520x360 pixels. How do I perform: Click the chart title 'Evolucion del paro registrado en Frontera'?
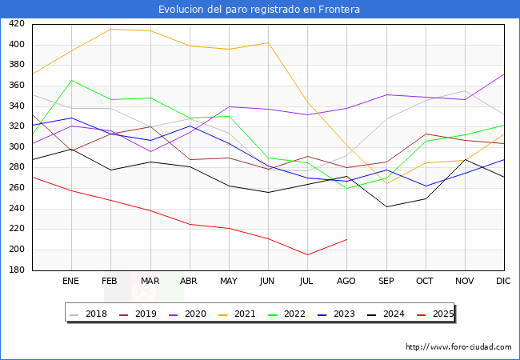tap(259, 10)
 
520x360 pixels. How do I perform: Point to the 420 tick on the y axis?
tap(15, 24)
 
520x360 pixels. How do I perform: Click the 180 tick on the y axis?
tap(15, 270)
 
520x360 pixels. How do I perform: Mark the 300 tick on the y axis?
tap(15, 147)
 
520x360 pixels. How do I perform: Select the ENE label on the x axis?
tap(71, 282)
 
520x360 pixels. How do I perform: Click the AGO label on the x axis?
tap(346, 282)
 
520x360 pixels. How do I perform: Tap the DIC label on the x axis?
tap(503, 282)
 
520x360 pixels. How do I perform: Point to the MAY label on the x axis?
tap(229, 282)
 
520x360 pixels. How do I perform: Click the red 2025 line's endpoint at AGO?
tap(346, 239)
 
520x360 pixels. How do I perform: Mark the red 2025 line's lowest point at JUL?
tap(307, 255)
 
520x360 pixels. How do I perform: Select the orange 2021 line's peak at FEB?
tap(110, 29)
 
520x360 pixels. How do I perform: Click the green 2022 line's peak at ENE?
tap(71, 80)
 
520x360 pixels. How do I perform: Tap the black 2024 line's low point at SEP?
tap(386, 207)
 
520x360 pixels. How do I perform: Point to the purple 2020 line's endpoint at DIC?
tap(504, 74)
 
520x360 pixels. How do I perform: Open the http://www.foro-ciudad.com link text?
tap(458, 347)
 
